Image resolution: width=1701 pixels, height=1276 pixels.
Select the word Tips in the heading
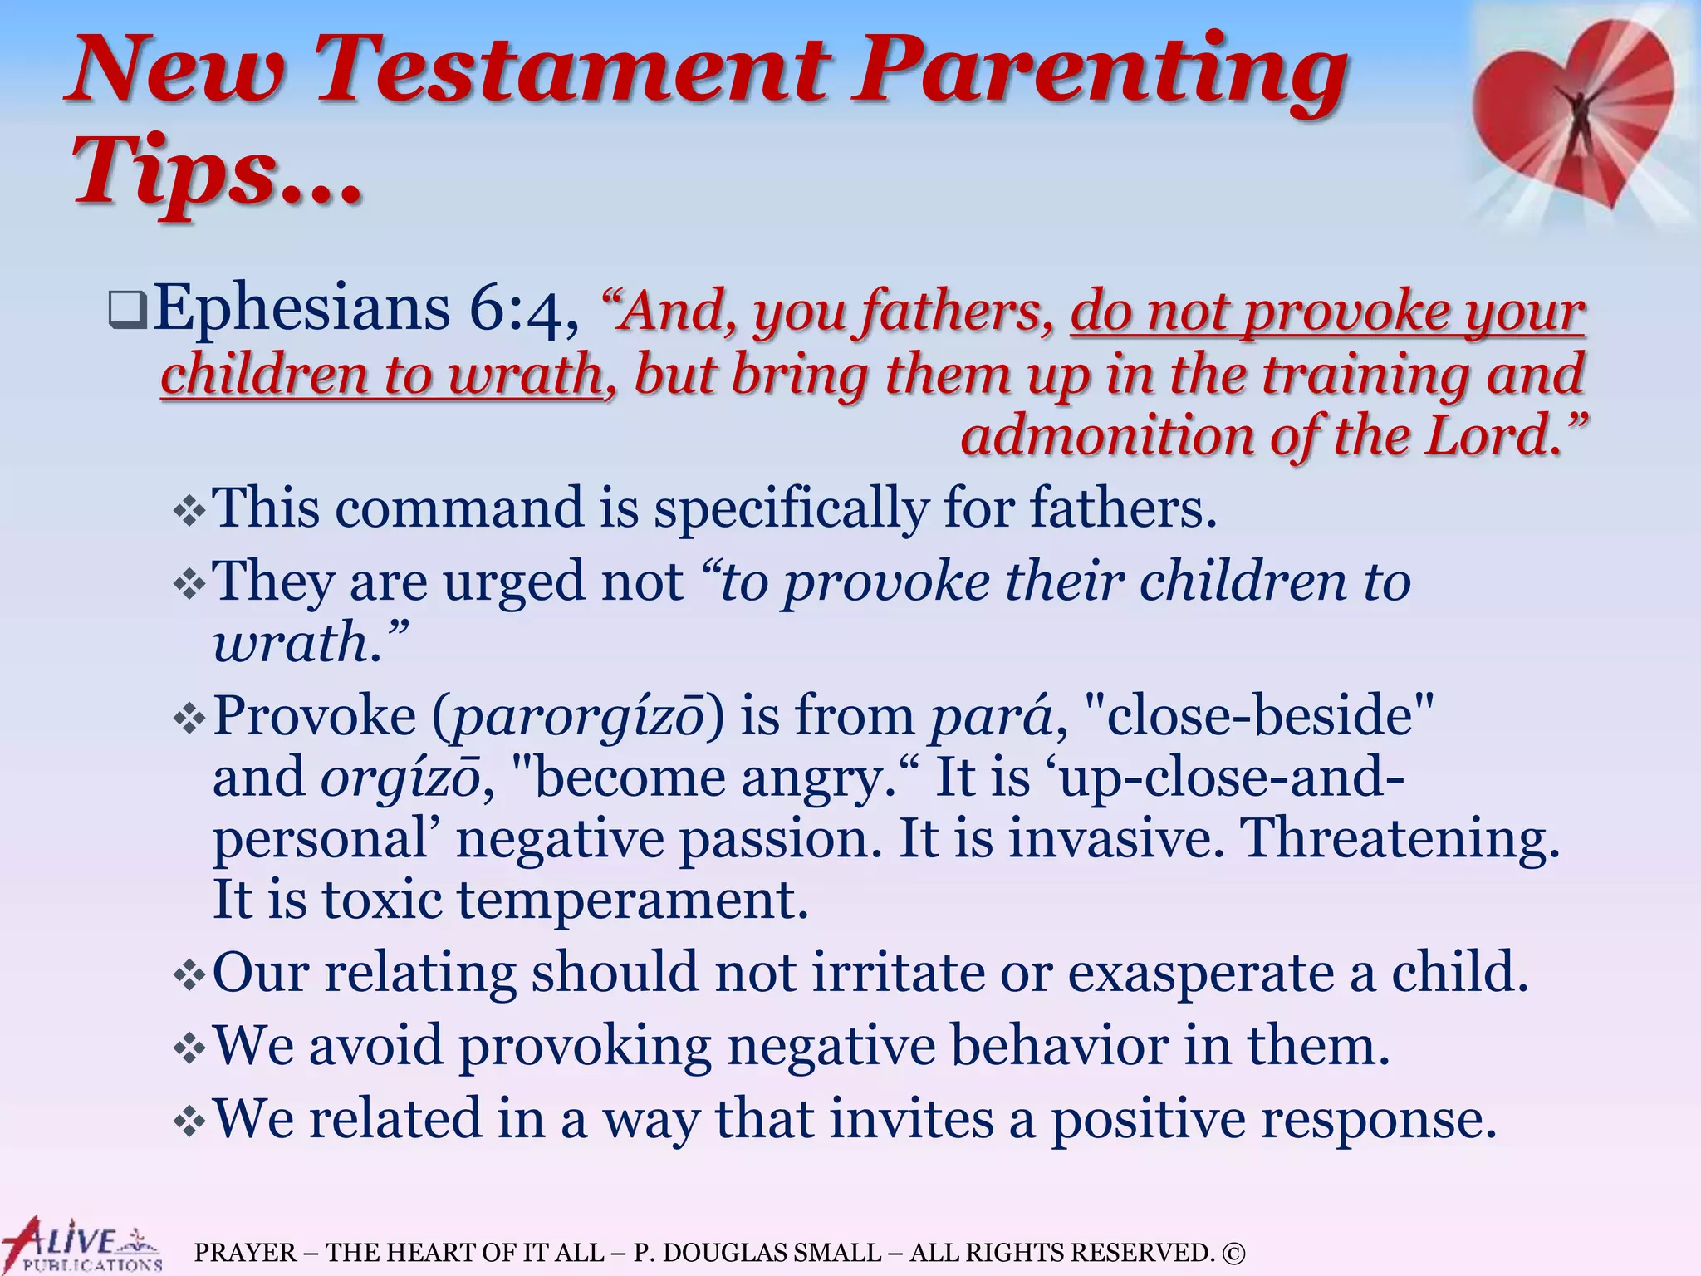(x=174, y=170)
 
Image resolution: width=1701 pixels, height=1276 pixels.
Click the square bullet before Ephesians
(x=128, y=312)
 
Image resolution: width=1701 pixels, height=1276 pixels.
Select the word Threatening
(x=1400, y=838)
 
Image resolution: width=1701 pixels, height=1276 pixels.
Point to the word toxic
(x=382, y=900)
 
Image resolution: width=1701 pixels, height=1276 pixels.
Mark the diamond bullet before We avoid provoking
(x=189, y=1048)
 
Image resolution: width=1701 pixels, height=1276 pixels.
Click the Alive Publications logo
(x=81, y=1244)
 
